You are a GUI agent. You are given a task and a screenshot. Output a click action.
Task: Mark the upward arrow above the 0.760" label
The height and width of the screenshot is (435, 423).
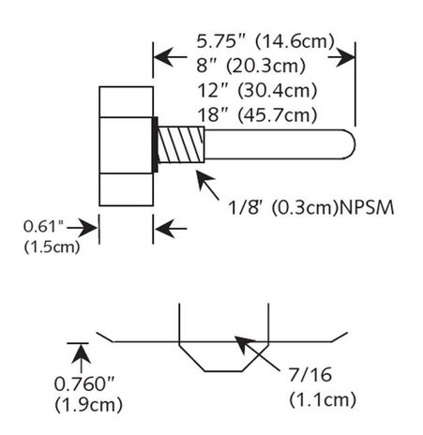pos(81,353)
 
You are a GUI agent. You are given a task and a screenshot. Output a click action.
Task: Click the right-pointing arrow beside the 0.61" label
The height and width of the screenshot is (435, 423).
pos(92,226)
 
